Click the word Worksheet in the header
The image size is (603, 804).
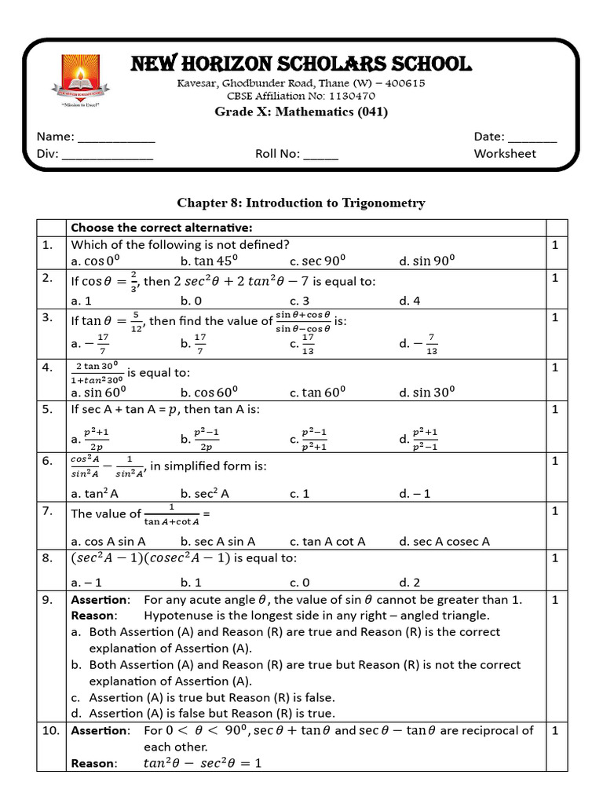[505, 153]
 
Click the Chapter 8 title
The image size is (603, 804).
[301, 203]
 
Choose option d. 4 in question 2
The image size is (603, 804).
[409, 300]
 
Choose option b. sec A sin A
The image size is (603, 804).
[217, 541]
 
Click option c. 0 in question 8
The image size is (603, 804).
[304, 582]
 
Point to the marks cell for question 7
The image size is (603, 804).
[554, 511]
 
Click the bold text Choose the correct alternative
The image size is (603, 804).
[161, 228]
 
